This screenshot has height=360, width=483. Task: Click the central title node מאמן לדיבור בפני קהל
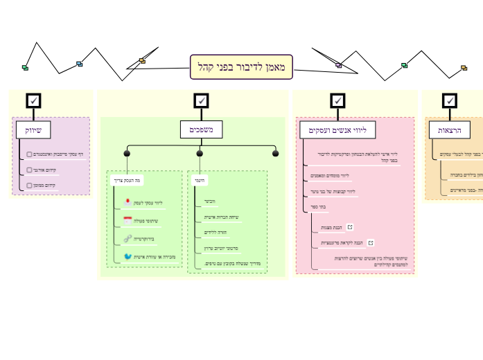coord(241,67)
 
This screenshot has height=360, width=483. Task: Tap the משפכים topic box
coord(201,129)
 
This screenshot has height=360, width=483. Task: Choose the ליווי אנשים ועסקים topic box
coord(337,129)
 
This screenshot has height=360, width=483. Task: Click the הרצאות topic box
coord(450,129)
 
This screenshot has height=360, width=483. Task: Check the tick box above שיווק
coord(33,101)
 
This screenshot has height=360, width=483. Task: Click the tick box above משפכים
coord(201,101)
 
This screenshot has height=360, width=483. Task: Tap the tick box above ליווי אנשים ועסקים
coord(337,101)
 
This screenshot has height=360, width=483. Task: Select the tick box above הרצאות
coord(450,101)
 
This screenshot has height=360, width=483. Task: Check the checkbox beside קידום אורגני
coord(29,170)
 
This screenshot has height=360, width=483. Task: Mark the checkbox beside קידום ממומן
coord(29,186)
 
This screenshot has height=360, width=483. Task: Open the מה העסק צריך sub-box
coord(128,181)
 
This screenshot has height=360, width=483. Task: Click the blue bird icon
coord(128,256)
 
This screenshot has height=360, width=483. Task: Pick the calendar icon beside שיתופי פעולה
coord(128,221)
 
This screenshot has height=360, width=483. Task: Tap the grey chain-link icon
coord(128,239)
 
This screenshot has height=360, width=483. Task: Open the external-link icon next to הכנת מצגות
coord(350,226)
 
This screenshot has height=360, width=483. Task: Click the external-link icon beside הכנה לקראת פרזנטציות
coord(371,243)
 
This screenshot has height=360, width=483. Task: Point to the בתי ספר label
coord(317,206)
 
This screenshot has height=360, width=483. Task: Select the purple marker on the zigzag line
coord(338,66)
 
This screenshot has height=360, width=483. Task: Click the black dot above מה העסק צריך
coord(127,154)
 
